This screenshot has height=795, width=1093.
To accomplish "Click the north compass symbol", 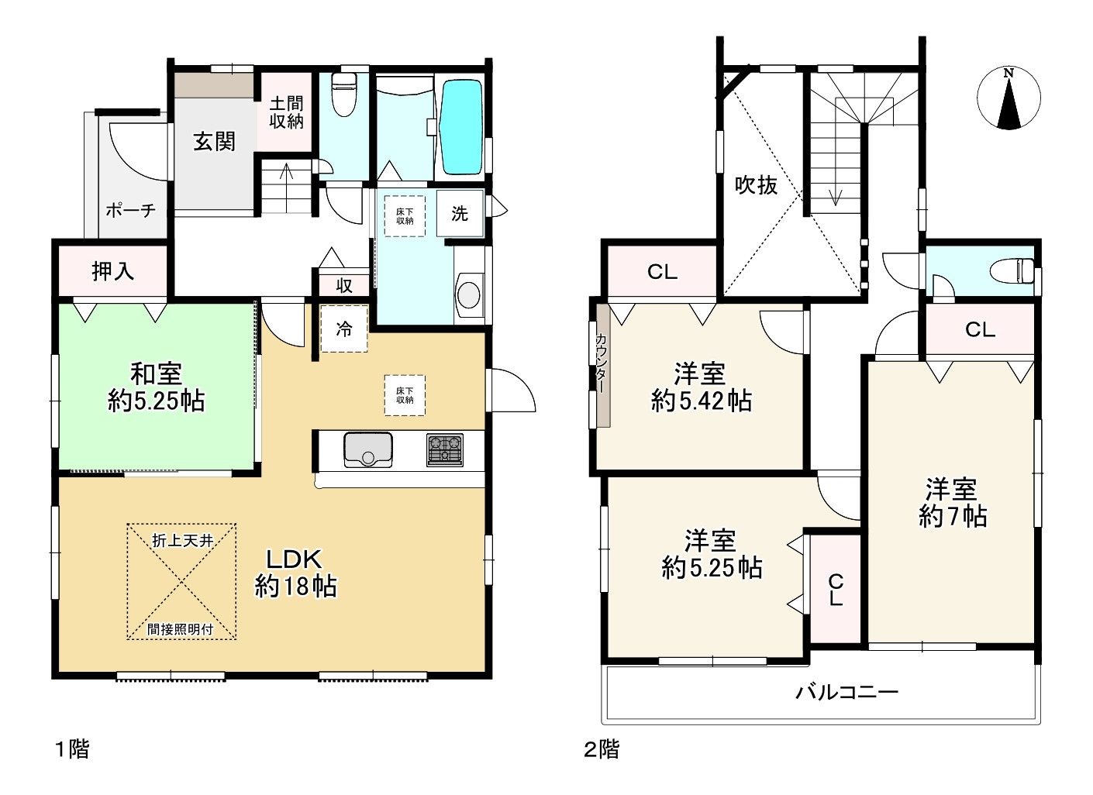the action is (1009, 98).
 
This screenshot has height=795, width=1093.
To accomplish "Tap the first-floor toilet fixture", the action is (343, 95).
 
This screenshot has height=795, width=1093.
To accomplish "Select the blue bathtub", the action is (460, 127).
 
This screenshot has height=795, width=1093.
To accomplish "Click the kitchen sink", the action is (368, 449).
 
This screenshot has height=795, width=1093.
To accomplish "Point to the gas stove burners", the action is (444, 449).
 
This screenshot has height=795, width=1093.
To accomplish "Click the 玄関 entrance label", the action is (214, 142).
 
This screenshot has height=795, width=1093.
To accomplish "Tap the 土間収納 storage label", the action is (286, 112).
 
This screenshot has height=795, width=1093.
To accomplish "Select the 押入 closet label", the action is (112, 271).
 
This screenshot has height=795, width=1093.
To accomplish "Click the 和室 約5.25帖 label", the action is (156, 387).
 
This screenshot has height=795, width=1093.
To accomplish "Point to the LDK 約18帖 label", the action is (295, 573).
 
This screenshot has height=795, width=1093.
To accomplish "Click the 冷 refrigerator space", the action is (344, 329).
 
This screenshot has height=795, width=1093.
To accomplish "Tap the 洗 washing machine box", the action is (460, 213).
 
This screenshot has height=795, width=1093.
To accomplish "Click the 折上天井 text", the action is (182, 540).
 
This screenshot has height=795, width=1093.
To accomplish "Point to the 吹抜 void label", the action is (756, 185).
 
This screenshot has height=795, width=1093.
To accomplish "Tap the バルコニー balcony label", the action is (846, 692).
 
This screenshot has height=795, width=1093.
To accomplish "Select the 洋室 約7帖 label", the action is (953, 503).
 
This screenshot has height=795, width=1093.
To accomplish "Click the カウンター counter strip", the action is (603, 366).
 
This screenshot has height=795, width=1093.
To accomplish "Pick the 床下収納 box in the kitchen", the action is (405, 395).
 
